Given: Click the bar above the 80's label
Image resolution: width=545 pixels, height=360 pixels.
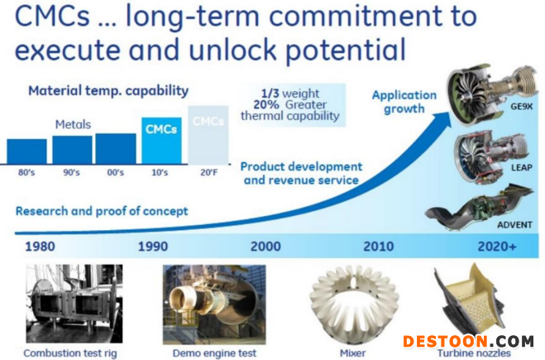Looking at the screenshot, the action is point(26,151).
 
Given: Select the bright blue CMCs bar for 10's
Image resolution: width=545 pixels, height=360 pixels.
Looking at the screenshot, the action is point(161,141).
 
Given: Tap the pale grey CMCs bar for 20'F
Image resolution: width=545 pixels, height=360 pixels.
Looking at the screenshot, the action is point(208,135).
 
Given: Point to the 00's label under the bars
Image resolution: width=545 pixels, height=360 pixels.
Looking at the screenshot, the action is point(116,172).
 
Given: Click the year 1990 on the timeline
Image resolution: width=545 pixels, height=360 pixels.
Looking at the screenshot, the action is point(153,247).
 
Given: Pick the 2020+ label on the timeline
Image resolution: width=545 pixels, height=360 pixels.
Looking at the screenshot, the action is point(497,247).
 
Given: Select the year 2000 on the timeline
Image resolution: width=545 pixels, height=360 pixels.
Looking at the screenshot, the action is point(265,247).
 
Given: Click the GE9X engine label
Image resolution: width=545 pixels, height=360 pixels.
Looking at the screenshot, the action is point(521,107).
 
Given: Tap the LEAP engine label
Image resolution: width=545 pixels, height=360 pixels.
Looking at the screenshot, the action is point(521,168).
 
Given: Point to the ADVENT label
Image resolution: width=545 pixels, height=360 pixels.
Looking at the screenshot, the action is point(514,225).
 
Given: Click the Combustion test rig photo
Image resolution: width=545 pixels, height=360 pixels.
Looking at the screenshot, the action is point(74,304).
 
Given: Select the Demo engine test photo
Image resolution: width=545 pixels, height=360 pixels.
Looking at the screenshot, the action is point(214,305).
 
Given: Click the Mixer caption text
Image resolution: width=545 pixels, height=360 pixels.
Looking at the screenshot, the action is point(352,353).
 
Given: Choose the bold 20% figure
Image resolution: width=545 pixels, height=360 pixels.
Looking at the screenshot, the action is point(266,105).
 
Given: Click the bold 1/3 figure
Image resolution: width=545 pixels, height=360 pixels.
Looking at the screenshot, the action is point(270,94).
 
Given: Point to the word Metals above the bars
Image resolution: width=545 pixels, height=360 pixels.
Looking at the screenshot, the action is point(73,124).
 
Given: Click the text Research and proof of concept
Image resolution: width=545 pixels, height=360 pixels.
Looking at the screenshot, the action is point(102,211).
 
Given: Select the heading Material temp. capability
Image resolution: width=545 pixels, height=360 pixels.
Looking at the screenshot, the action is point(108,91).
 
